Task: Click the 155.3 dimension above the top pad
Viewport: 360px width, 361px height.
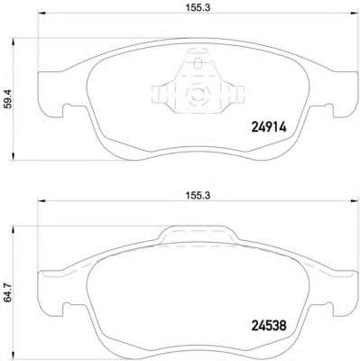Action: click(x=186, y=13)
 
